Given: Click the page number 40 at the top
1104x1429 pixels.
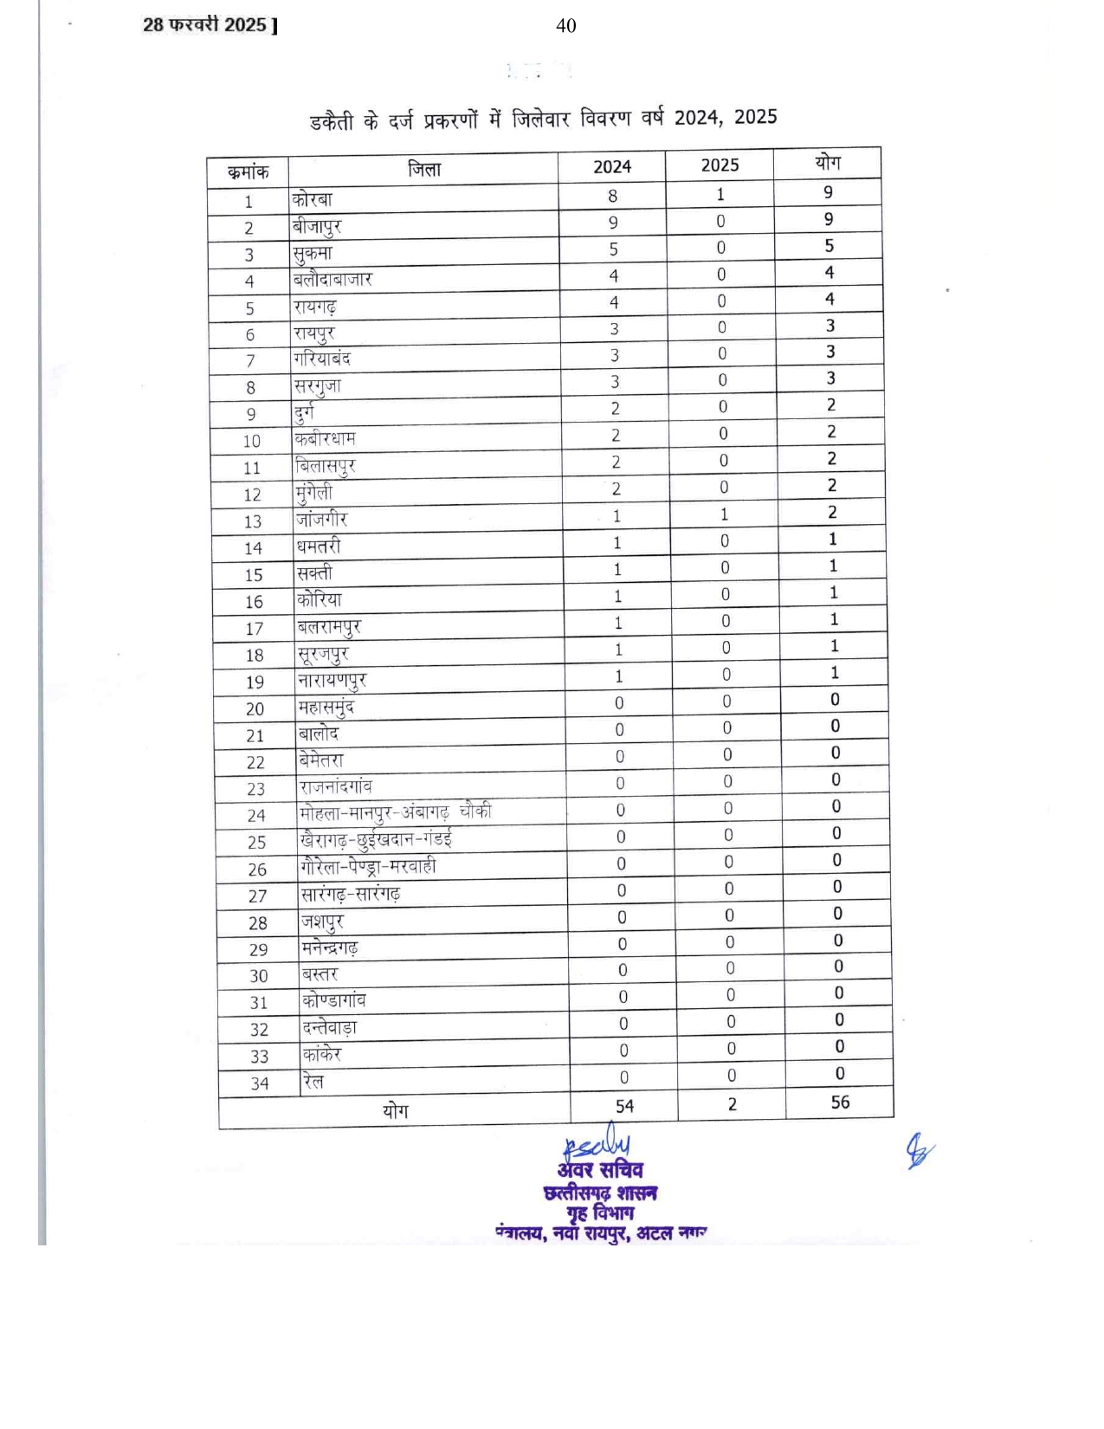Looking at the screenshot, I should coord(565,26).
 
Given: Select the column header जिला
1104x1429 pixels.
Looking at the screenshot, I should coord(424,170).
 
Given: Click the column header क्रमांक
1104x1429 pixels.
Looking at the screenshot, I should coord(248,172).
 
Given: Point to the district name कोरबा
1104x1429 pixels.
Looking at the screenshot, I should coord(313,199).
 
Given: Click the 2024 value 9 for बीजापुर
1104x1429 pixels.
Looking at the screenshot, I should coord(613,223).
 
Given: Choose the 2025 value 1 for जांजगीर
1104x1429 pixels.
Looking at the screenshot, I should coord(724,514).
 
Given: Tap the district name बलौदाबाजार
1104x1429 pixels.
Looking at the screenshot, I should coord(332,279).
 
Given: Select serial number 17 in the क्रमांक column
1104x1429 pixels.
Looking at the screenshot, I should coord(254,629).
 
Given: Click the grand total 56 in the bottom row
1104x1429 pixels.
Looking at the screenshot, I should coord(840,1102).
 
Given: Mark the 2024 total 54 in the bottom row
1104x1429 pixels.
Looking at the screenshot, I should coord(624,1106).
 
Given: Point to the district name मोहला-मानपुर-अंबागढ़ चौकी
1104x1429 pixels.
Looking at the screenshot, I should coord(395,812).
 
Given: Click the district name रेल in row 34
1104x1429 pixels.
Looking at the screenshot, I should coord(313,1081).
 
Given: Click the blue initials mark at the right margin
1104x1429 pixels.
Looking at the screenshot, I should coord(920,1151).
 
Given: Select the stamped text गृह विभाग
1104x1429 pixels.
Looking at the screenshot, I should coord(600,1212).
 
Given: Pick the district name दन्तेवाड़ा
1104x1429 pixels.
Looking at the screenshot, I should coord(329,1028).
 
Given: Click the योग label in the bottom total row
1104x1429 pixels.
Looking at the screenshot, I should coord(395,1110).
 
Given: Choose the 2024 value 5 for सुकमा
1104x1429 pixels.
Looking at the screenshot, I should coord(613,249).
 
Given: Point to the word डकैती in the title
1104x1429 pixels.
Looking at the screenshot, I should coord(332,122).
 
